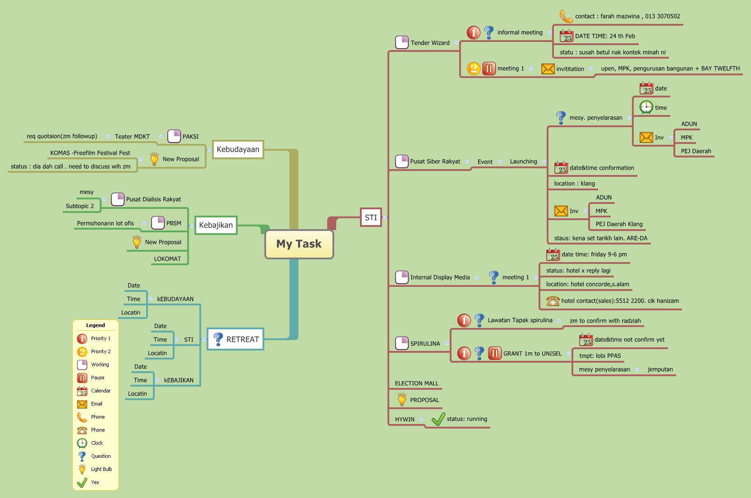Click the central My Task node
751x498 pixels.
coord(299,244)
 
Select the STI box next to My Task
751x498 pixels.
coord(371,217)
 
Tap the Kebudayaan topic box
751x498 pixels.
coord(238,149)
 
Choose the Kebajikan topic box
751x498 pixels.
coord(216,225)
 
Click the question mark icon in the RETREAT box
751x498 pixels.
coord(218,339)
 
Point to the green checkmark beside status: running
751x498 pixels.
coord(438,420)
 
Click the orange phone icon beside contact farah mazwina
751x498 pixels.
coord(566,16)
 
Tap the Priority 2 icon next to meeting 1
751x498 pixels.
coord(473,69)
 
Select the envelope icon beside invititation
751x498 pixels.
coord(548,69)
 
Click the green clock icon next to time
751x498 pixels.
coord(646,107)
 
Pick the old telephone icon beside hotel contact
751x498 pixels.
coord(553,301)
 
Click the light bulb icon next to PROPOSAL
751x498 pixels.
coord(401,399)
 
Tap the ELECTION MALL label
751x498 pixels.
coord(416,383)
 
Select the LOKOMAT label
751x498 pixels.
coord(167,259)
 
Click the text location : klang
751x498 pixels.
coord(574,184)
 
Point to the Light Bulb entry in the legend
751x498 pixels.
coord(101,469)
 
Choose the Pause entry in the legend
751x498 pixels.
coord(97,378)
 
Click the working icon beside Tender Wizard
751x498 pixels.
coord(401,42)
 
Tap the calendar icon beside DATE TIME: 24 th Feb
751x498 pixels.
coord(566,36)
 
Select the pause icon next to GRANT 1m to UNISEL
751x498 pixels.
coord(494,353)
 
